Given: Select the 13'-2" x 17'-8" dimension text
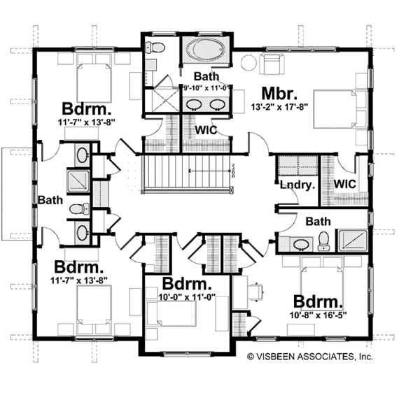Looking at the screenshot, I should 280,108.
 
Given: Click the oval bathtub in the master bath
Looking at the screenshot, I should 205,51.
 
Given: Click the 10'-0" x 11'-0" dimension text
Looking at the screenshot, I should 186,298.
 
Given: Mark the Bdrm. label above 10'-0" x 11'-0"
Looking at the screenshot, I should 186,285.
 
